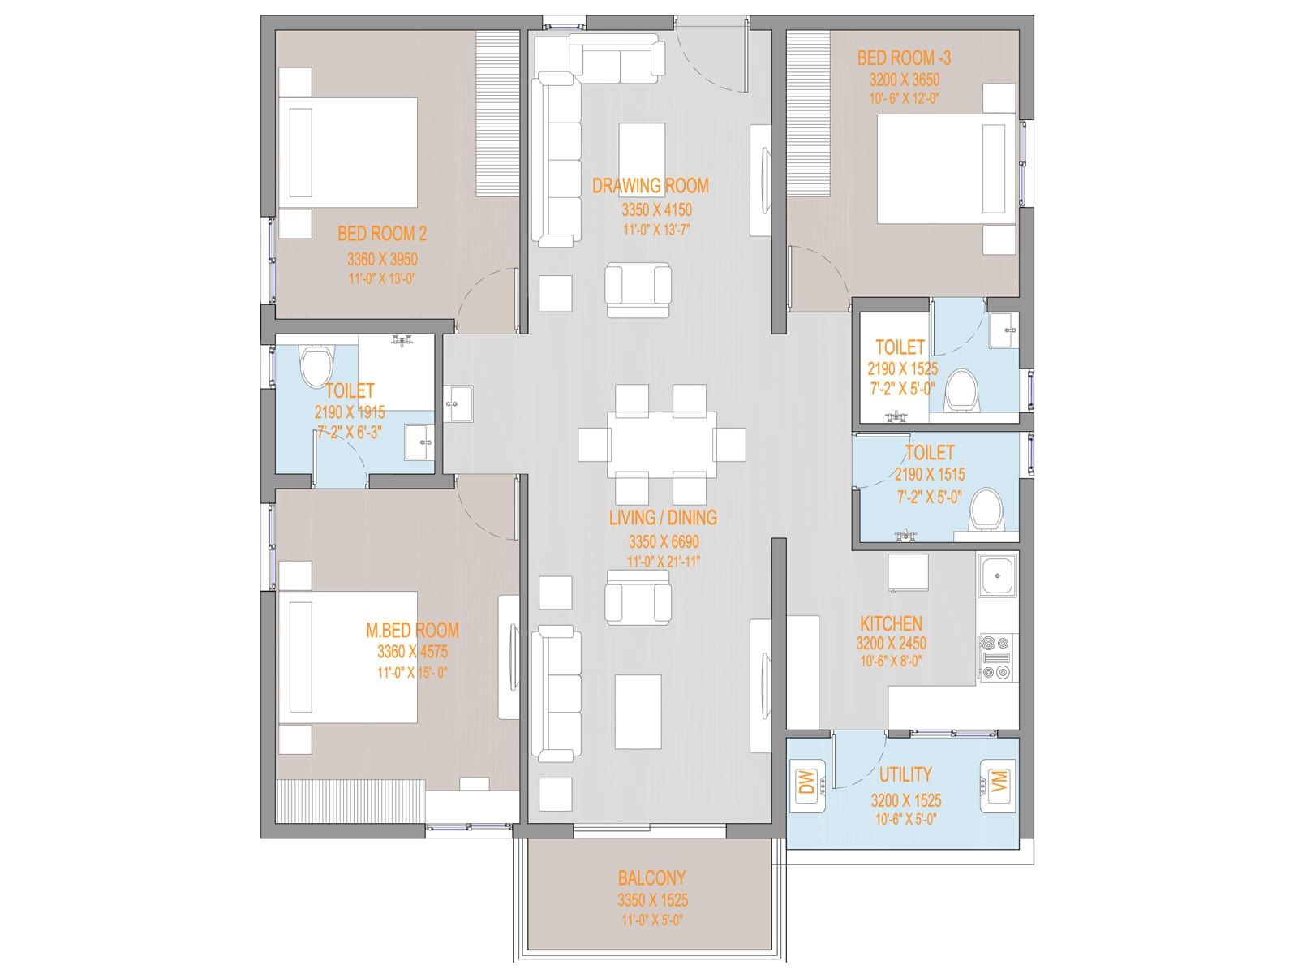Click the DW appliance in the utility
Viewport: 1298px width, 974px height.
(x=807, y=782)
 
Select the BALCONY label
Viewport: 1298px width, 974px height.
(x=651, y=877)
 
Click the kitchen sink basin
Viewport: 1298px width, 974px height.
(x=997, y=575)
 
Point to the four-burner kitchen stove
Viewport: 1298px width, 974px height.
(x=996, y=657)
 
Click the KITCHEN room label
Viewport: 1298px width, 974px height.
(x=891, y=624)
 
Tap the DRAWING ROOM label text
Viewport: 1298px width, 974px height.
(x=651, y=186)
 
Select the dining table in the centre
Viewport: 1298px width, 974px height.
(x=662, y=444)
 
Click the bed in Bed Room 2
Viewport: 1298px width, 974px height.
(x=348, y=153)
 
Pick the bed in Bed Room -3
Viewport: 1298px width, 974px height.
(x=947, y=169)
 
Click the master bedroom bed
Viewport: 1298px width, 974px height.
(x=348, y=657)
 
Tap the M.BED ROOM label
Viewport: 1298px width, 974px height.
(x=412, y=631)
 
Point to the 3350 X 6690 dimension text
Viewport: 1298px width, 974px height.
(x=664, y=541)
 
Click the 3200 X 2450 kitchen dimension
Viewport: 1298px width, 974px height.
(x=891, y=644)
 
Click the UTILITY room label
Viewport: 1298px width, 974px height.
(x=905, y=774)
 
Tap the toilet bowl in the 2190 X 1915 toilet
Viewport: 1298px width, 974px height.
(x=316, y=367)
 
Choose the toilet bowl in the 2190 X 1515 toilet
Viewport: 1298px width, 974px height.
(x=986, y=510)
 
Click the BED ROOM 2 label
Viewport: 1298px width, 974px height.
(x=382, y=234)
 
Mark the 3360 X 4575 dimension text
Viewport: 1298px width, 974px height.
(x=412, y=652)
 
